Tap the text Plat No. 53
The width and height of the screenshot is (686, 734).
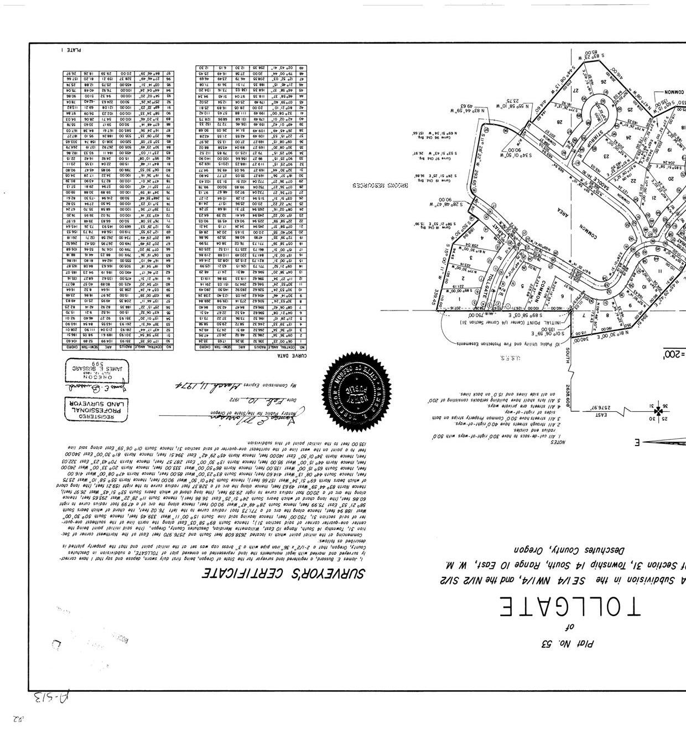point(567,644)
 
